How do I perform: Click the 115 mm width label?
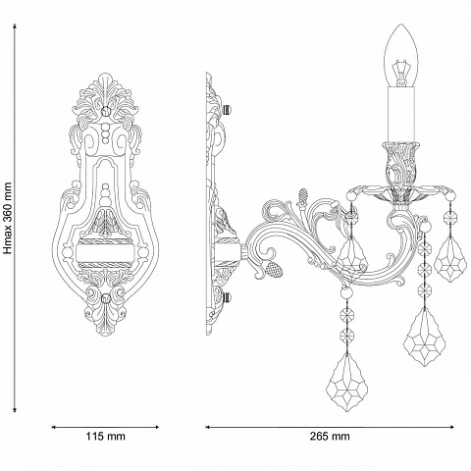click(x=105, y=436)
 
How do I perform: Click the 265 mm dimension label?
click(x=330, y=436)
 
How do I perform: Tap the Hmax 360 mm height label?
click(x=8, y=218)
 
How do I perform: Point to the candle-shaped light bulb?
click(x=401, y=56)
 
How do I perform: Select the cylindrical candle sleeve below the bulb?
click(x=401, y=115)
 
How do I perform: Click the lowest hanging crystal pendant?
click(x=346, y=382)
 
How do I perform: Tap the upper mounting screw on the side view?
click(x=227, y=109)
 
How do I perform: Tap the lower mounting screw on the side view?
click(x=227, y=297)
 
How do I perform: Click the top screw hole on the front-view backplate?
click(x=105, y=110)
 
